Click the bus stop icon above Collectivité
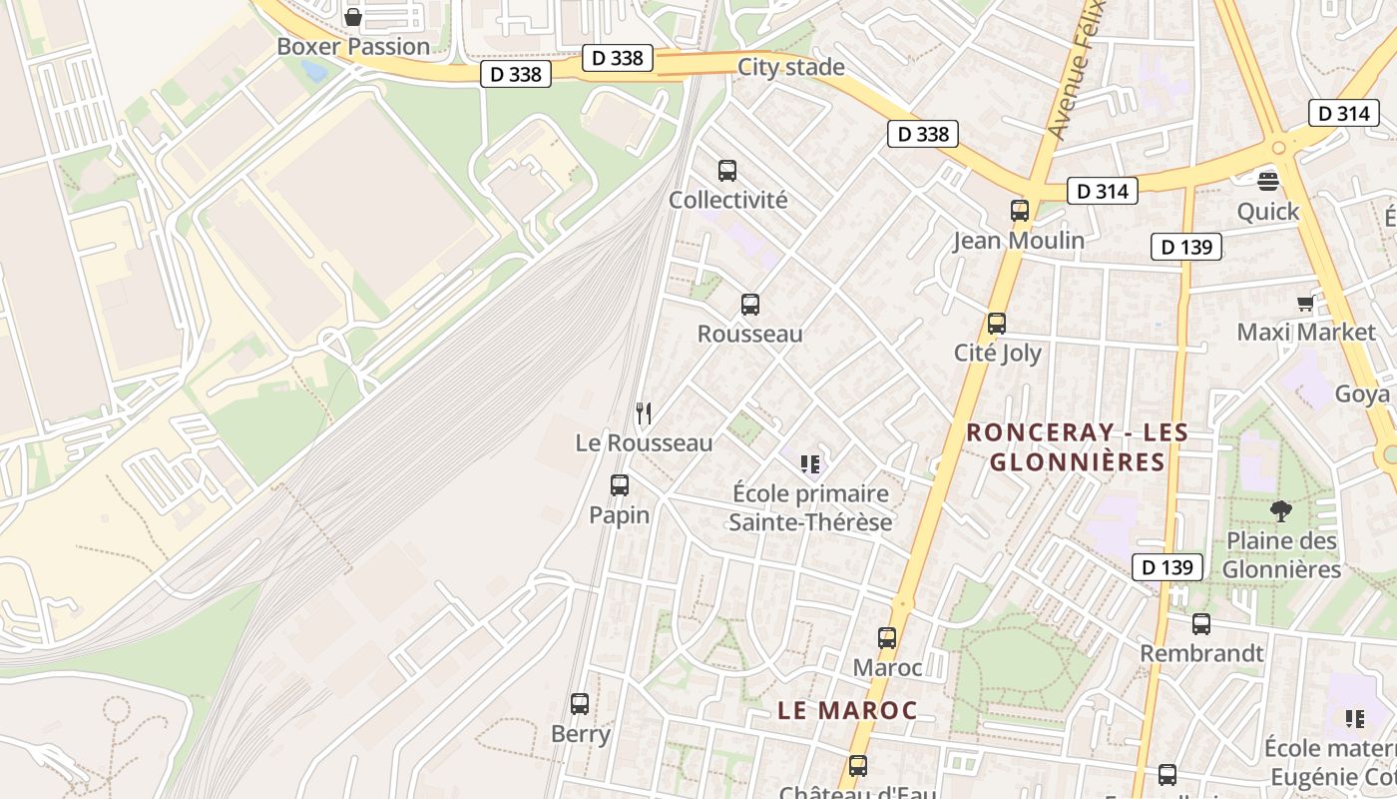(x=727, y=171)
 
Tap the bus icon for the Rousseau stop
(x=750, y=305)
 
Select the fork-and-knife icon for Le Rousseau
(x=644, y=412)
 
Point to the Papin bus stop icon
(x=620, y=485)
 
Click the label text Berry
(x=581, y=734)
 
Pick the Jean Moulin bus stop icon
(x=1019, y=211)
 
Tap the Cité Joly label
(x=997, y=353)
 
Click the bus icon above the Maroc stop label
(x=887, y=638)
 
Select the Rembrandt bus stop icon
(x=1201, y=624)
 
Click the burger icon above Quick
(x=1268, y=181)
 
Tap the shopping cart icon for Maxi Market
(x=1305, y=303)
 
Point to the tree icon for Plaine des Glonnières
(x=1280, y=511)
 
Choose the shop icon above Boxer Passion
(x=352, y=17)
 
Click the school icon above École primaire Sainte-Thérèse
(x=810, y=463)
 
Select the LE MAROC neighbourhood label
(x=847, y=710)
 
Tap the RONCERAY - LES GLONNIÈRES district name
(x=1078, y=446)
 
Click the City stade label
(x=791, y=67)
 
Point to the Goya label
(x=1362, y=394)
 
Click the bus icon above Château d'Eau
(x=857, y=766)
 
